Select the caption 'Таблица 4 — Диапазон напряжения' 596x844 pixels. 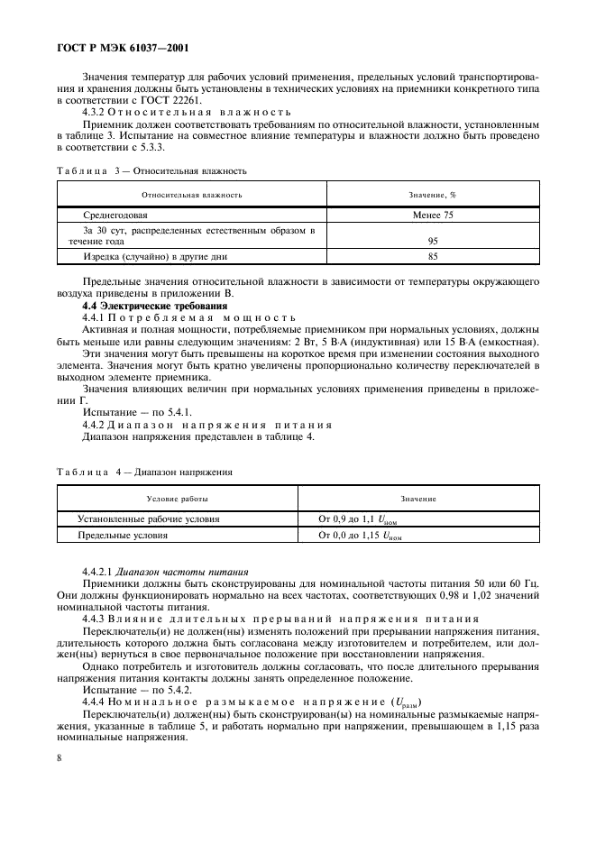(x=145, y=472)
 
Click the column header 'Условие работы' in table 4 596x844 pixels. (x=178, y=499)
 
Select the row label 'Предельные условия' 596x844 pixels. (x=124, y=535)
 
